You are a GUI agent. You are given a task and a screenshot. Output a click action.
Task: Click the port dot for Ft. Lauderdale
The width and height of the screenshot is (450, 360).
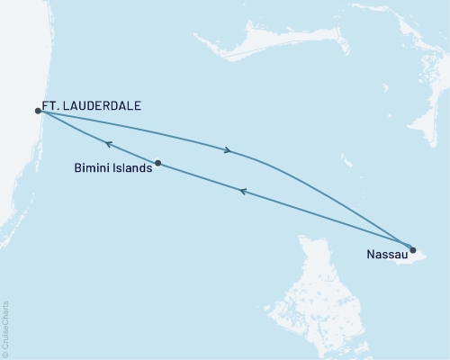pyautogui.click(x=38, y=111)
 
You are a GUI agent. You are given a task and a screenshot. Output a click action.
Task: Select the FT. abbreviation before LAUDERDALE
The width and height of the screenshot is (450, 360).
pyautogui.click(x=52, y=105)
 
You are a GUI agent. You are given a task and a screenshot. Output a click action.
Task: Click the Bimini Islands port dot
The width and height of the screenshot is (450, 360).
pyautogui.click(x=157, y=163)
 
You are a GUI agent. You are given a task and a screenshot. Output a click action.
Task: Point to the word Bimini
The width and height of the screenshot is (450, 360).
pyautogui.click(x=93, y=167)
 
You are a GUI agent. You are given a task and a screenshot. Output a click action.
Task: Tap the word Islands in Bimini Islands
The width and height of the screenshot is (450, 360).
pyautogui.click(x=131, y=167)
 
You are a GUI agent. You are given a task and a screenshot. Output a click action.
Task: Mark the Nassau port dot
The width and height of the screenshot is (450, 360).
pyautogui.click(x=413, y=249)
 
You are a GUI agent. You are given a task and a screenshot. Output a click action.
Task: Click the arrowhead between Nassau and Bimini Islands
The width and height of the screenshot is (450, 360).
pyautogui.click(x=242, y=190)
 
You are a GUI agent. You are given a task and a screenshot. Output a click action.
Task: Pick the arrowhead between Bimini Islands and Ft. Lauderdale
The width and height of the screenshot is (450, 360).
pyautogui.click(x=107, y=143)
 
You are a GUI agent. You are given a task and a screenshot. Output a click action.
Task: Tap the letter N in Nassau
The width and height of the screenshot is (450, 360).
pyautogui.click(x=371, y=255)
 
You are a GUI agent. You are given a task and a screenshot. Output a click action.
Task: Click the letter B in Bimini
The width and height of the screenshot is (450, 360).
pyautogui.click(x=77, y=167)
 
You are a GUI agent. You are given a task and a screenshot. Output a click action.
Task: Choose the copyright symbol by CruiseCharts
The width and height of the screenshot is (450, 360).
pyautogui.click(x=6, y=355)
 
